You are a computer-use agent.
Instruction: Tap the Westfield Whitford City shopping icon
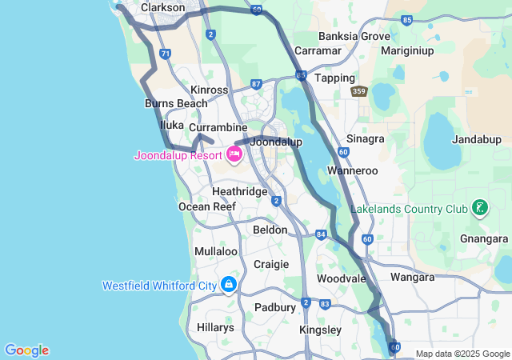[x=229, y=285]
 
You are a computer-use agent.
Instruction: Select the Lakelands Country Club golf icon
[x=479, y=210]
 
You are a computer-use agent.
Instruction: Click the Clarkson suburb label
[x=163, y=7]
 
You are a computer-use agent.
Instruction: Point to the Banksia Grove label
[x=354, y=36]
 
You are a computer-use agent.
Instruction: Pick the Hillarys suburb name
[x=215, y=327]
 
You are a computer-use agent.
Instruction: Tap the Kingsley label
[x=320, y=330]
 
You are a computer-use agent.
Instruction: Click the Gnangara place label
[x=485, y=238]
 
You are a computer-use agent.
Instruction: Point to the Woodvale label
[x=341, y=278]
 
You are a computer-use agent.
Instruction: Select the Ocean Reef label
[x=206, y=206]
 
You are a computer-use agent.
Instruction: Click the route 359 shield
[x=359, y=93]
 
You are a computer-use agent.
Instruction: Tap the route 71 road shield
[x=165, y=54]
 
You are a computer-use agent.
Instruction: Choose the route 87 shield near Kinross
[x=256, y=83]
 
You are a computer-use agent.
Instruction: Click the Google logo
[x=26, y=350]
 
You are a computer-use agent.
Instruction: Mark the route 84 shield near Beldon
[x=321, y=234]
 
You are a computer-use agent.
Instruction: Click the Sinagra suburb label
[x=366, y=138]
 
